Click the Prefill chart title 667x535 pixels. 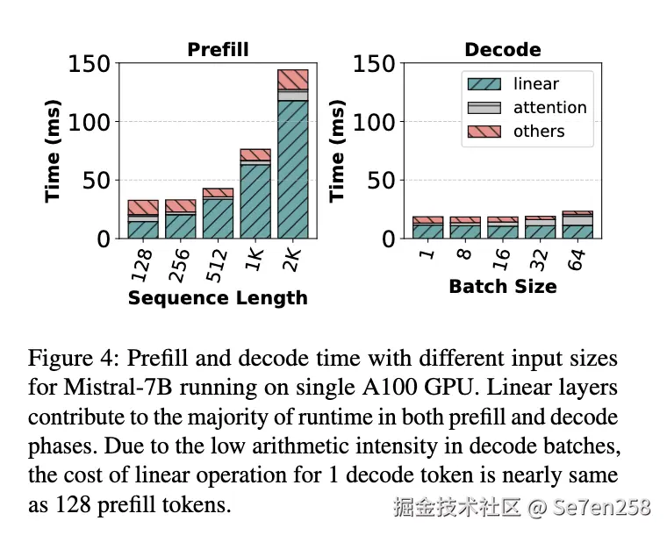(218, 50)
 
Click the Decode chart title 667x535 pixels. (503, 50)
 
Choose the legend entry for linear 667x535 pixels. (535, 84)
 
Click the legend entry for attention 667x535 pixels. (549, 108)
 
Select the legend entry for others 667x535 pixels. (539, 132)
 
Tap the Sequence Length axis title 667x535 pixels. (218, 298)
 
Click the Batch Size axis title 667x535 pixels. (503, 287)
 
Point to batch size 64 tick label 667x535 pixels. (577, 259)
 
